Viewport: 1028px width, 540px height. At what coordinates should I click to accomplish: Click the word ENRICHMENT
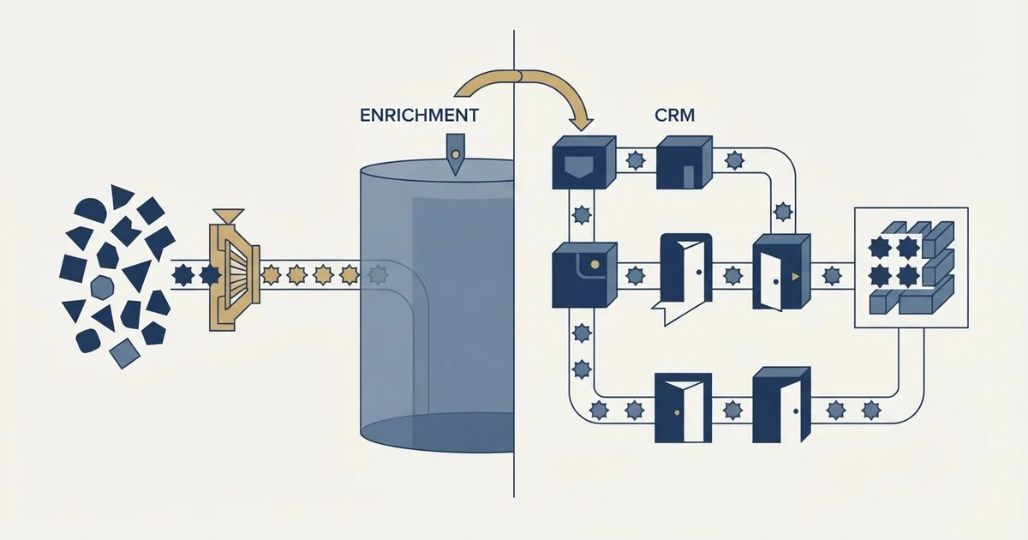point(419,115)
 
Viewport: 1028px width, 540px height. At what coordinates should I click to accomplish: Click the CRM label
point(675,115)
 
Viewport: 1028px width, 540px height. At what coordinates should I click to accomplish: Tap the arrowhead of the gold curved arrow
point(581,123)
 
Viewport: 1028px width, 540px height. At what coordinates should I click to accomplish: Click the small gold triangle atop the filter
point(229,215)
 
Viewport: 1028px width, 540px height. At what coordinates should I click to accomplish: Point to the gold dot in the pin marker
point(455,155)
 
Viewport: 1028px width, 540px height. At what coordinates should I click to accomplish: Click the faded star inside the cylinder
point(378,274)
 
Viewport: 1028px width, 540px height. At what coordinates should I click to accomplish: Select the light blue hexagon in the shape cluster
point(102,287)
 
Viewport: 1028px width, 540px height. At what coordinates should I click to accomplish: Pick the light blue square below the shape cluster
point(124,353)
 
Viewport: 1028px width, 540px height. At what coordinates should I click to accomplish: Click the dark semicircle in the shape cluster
point(91,210)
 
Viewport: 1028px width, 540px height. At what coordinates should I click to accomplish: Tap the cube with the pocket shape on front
point(583,162)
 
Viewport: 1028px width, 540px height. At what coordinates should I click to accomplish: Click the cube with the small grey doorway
point(684,162)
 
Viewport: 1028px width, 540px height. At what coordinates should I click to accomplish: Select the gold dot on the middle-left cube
point(595,264)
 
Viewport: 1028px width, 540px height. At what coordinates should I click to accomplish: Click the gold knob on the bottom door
point(677,413)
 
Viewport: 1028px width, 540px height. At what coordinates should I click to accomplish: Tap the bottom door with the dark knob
point(781,405)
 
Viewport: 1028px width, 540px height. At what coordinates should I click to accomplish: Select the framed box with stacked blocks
point(911,267)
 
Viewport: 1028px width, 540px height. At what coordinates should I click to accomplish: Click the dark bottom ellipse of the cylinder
point(437,433)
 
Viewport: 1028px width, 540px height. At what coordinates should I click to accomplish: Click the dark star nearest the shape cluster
point(183,275)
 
